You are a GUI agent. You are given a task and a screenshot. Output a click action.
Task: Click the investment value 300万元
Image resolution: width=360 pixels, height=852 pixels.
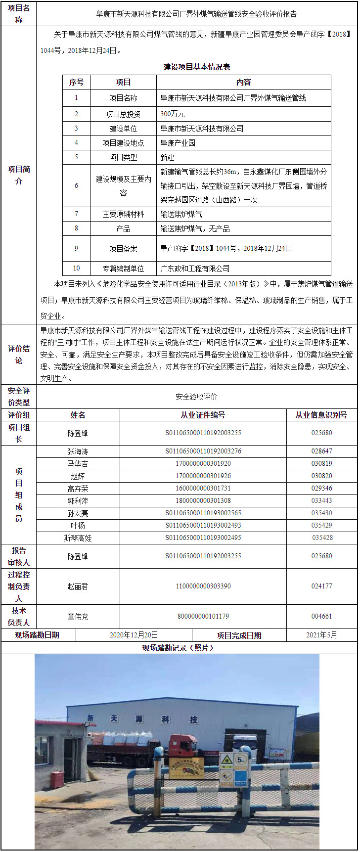click(x=173, y=114)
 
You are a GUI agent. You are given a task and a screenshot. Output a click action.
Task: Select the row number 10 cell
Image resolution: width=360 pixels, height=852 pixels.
click(x=76, y=269)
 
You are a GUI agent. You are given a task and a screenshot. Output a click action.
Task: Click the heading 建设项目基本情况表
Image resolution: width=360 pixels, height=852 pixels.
click(x=197, y=67)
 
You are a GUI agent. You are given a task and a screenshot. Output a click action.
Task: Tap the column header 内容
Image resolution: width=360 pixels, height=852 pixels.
click(x=243, y=82)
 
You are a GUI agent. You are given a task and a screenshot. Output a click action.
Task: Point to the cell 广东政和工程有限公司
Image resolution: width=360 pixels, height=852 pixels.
click(x=195, y=269)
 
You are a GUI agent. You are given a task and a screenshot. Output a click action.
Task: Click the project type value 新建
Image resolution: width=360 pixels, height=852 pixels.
click(x=167, y=157)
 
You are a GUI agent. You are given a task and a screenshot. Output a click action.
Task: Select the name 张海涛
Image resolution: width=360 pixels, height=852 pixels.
click(x=78, y=451)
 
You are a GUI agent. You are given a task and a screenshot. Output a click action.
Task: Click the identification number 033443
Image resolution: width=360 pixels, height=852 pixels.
click(x=321, y=500)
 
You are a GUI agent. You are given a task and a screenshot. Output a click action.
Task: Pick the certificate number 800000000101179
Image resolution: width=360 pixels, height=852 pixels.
click(x=203, y=616)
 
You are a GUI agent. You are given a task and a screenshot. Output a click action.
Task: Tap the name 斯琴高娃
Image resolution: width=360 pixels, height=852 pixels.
click(x=78, y=538)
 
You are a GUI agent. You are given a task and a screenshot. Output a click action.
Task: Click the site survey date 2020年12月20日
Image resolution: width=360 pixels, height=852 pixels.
click(x=134, y=635)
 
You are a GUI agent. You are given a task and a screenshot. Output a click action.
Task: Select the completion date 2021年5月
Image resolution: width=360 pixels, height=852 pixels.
click(x=321, y=635)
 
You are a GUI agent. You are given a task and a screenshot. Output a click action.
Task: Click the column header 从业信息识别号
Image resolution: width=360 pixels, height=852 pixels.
click(x=321, y=415)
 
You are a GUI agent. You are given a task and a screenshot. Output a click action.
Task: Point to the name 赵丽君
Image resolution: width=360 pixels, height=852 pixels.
click(x=78, y=586)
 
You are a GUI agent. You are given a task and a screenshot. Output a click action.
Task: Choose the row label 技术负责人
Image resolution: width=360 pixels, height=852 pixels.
click(x=19, y=616)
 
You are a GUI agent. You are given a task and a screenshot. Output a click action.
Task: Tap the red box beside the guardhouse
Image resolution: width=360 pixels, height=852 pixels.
click(x=57, y=779)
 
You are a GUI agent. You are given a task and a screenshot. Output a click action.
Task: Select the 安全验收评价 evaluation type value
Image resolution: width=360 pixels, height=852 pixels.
click(x=196, y=397)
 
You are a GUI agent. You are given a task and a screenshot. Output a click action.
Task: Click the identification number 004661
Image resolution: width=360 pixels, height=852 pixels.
click(x=321, y=616)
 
